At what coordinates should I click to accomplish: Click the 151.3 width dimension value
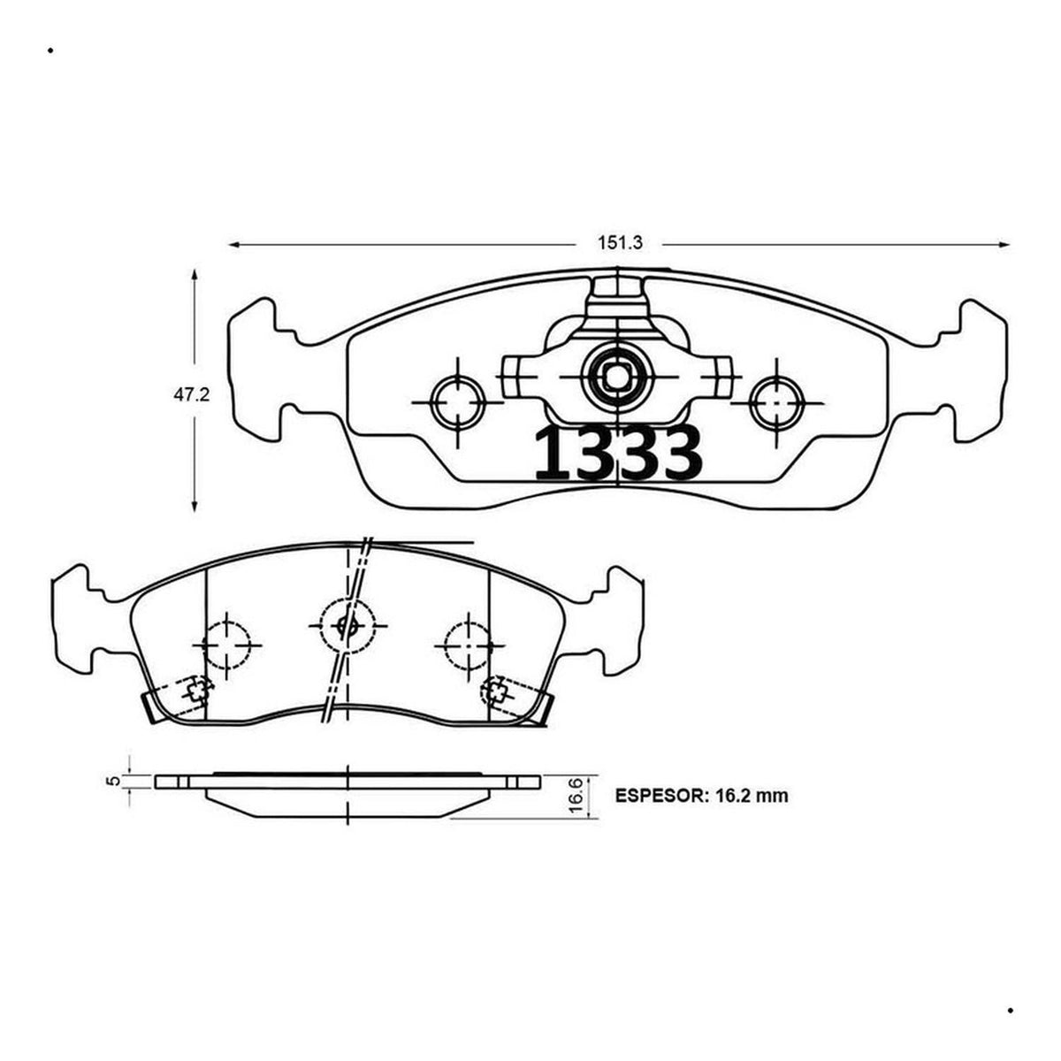(620, 243)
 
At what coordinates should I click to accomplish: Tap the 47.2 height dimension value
(192, 394)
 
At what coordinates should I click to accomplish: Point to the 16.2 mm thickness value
(752, 796)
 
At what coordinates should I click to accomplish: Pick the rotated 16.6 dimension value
(576, 796)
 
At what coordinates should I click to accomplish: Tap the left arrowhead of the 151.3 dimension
(234, 244)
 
